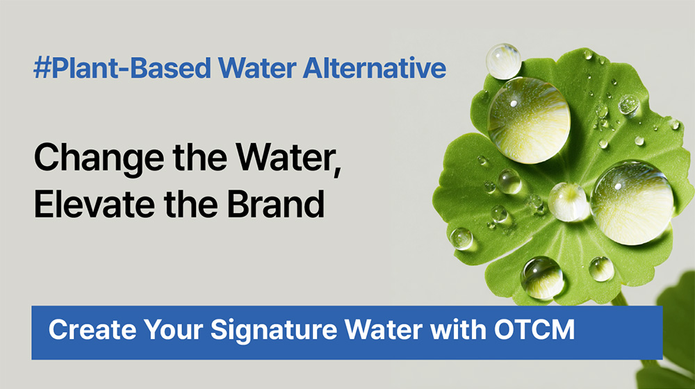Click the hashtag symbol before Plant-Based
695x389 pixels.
[x=42, y=68]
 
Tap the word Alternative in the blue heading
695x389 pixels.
[x=375, y=68]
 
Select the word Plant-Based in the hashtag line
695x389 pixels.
[x=131, y=68]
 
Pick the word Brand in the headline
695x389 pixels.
[x=276, y=204]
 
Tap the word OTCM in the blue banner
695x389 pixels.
[x=534, y=330]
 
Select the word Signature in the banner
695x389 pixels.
[x=273, y=331]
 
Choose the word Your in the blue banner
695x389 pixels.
[x=173, y=330]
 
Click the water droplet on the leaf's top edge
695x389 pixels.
[x=503, y=61]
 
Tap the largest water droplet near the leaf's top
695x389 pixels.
[x=529, y=120]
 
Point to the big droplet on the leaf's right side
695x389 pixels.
[x=632, y=202]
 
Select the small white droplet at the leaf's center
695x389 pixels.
[x=568, y=202]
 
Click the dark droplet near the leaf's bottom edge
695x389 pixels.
[x=542, y=278]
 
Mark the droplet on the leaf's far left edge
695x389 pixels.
[x=461, y=238]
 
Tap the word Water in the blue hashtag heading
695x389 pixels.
[x=257, y=68]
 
